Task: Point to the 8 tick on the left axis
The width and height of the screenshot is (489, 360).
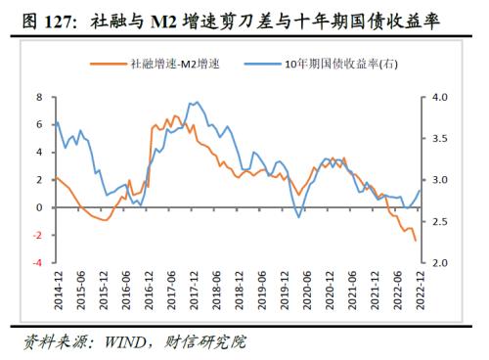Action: pos(39,98)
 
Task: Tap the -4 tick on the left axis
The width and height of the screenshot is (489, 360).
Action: pos(37,263)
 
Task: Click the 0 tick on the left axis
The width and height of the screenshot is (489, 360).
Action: pos(39,208)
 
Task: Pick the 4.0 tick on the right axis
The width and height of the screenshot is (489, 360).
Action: pos(439,98)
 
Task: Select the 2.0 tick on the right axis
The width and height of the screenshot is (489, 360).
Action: pos(439,263)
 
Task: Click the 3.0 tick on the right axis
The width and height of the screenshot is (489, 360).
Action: pos(439,181)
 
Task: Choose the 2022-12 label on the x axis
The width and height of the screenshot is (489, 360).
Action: pos(421,291)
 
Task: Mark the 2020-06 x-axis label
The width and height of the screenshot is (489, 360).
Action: pos(306,291)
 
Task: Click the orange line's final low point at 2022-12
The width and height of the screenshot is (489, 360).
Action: pos(415,241)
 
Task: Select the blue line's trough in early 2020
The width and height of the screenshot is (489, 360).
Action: pos(297,217)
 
